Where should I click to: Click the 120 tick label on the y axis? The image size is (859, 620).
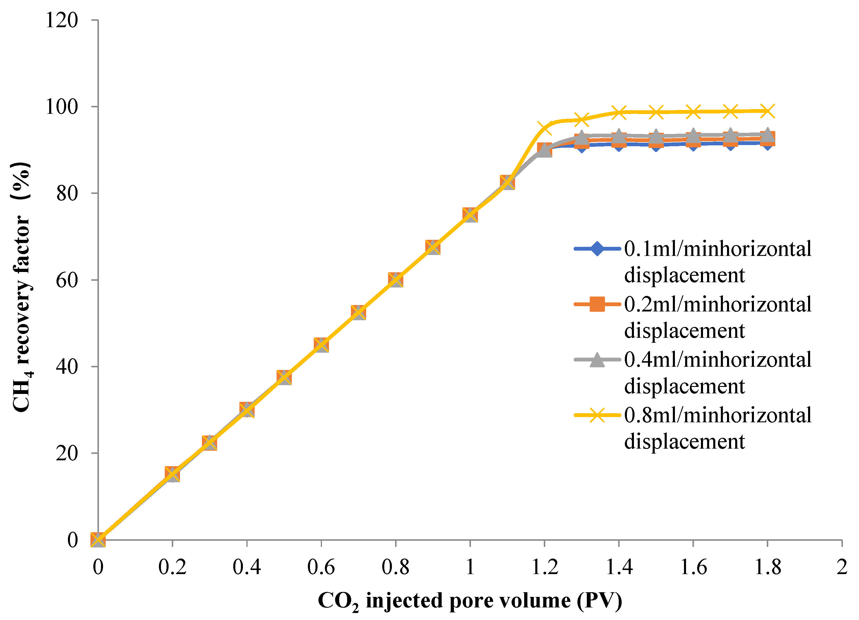(x=62, y=20)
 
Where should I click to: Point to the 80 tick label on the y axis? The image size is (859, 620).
(x=67, y=193)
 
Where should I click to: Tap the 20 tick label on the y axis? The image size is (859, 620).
(x=67, y=453)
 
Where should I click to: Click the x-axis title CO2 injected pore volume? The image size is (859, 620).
(x=470, y=601)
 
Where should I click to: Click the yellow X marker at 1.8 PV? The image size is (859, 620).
(x=768, y=111)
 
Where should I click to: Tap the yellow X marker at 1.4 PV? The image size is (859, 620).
(x=619, y=112)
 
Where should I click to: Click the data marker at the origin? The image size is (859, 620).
(x=98, y=540)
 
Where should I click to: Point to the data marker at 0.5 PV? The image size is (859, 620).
(x=284, y=377)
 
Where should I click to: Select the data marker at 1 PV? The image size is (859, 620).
(x=470, y=215)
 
